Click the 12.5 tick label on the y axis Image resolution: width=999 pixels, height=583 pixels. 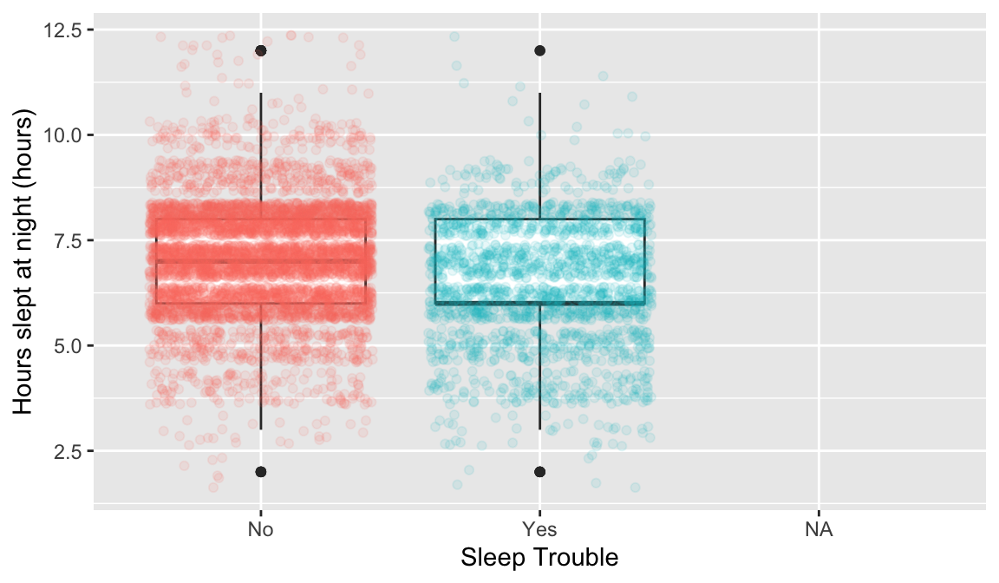pos(65,30)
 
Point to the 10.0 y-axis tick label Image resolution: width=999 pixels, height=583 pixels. pos(65,135)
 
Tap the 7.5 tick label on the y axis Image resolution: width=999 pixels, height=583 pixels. pos(69,240)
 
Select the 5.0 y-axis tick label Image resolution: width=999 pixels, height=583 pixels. pos(69,345)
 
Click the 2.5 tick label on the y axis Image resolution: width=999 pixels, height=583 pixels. pos(69,451)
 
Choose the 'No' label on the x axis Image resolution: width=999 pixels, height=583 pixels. pos(260,530)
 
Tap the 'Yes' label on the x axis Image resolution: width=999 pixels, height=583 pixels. pos(539,530)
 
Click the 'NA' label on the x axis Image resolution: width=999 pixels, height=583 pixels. pos(818,530)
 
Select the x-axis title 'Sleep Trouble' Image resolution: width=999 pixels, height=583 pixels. pos(539,557)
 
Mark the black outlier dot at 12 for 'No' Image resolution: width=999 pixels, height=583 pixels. pos(260,51)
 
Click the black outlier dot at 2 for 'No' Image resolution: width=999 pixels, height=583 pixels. pos(260,472)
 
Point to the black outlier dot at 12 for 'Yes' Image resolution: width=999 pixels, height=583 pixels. pos(539,51)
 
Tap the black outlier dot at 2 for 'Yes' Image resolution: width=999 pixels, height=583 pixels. pos(539,472)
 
